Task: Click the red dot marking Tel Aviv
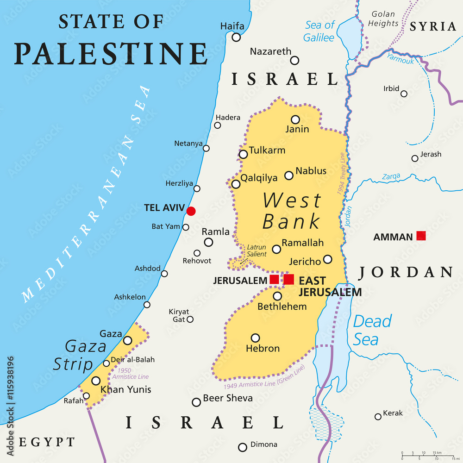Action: point(191,211)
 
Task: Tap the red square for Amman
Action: point(421,236)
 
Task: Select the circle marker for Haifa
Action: point(237,38)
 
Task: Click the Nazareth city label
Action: point(271,51)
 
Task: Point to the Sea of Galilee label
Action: point(319,31)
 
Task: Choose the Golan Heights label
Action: point(383,19)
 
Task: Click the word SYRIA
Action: point(433,27)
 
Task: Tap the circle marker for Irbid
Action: point(404,94)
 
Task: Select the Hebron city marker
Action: point(255,338)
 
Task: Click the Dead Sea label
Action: point(372,330)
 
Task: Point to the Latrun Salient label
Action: point(257,250)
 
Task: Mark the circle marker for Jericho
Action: point(328,259)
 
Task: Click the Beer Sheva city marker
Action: point(196,402)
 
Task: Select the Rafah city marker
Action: point(86,396)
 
